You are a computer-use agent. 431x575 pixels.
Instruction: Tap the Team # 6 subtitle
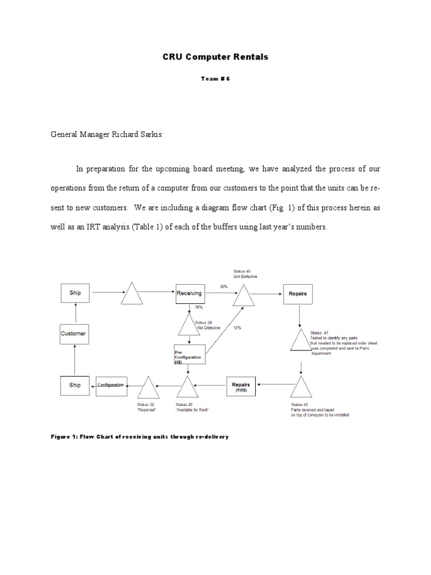tap(216, 79)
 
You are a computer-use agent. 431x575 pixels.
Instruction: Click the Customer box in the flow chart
tap(74, 334)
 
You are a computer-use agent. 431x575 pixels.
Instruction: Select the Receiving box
tap(189, 293)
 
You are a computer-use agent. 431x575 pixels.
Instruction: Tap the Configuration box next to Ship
tap(111, 385)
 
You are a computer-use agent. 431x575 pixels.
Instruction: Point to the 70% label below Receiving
tap(198, 308)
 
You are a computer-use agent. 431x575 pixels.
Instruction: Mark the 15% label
tap(238, 328)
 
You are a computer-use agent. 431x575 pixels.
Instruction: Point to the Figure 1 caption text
tap(140, 436)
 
